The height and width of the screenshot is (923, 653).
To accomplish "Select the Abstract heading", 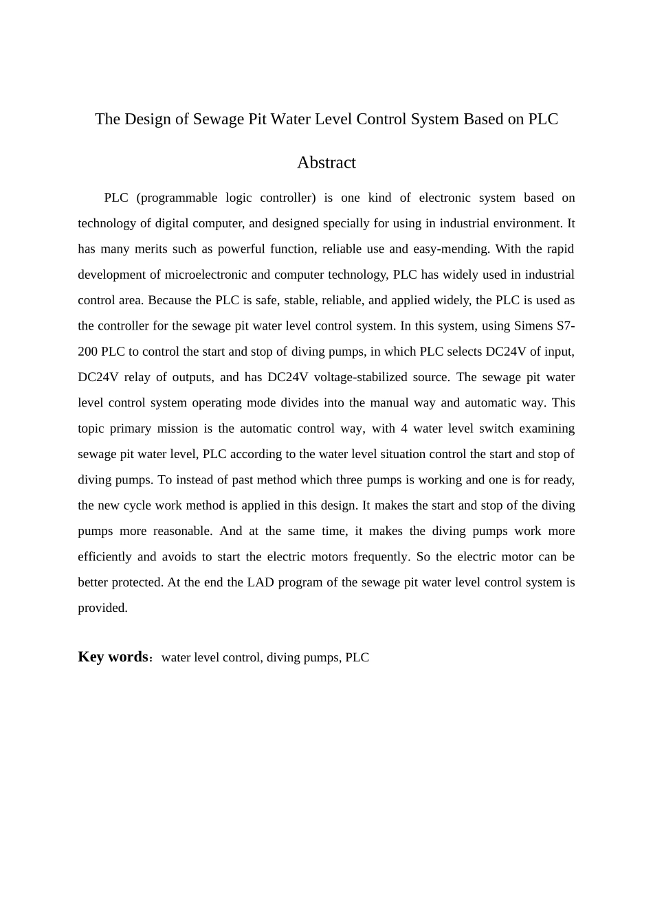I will pos(326,163).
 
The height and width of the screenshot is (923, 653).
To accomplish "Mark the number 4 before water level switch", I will pos(404,429).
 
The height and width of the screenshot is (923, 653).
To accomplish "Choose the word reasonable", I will pos(182,531).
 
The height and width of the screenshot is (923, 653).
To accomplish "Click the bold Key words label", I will pos(113,657).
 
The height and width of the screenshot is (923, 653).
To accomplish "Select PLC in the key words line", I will pos(357,658).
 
